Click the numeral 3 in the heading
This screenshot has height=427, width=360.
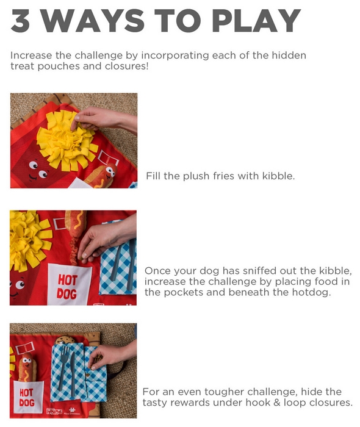(20, 20)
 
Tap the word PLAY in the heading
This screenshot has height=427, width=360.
(256, 20)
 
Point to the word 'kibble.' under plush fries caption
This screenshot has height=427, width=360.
(278, 176)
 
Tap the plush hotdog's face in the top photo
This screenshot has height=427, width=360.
(110, 171)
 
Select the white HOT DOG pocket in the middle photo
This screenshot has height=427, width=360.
(69, 285)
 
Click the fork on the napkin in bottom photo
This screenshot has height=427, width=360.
(63, 366)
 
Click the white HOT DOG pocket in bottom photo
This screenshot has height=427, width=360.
(28, 396)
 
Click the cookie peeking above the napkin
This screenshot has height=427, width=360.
(65, 340)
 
